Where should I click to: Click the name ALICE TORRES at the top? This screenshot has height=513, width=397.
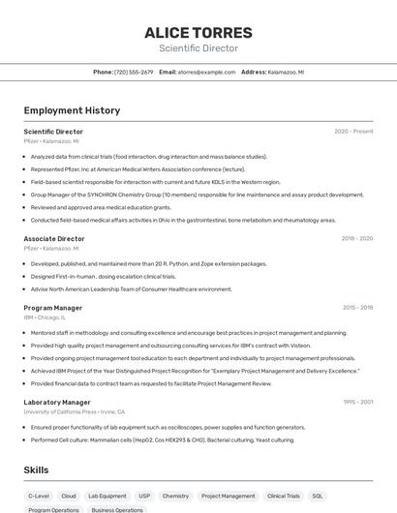(198, 32)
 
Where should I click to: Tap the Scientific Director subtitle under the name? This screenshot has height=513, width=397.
(198, 48)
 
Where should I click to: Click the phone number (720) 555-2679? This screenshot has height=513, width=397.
(134, 72)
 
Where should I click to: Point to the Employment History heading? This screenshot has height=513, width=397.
(72, 110)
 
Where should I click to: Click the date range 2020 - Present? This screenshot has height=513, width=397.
(353, 131)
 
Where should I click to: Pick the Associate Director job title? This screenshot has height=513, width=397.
(54, 238)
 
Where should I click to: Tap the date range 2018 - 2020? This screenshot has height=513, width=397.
(356, 238)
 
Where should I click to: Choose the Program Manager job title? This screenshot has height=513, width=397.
(52, 308)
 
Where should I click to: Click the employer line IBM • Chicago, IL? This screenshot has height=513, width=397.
(45, 317)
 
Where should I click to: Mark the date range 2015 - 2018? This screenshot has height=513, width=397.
(357, 308)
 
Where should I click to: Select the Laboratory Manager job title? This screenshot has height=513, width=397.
(57, 402)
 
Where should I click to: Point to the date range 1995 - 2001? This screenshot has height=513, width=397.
(357, 402)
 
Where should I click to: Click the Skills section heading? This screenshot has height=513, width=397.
(37, 469)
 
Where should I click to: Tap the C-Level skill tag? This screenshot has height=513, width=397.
(39, 496)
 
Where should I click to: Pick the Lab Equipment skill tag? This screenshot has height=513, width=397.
(107, 496)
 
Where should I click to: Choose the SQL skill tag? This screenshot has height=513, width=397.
(317, 496)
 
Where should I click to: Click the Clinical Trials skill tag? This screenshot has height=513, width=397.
(284, 496)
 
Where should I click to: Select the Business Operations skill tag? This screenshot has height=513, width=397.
(117, 509)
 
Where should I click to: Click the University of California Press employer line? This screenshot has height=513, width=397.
(75, 411)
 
